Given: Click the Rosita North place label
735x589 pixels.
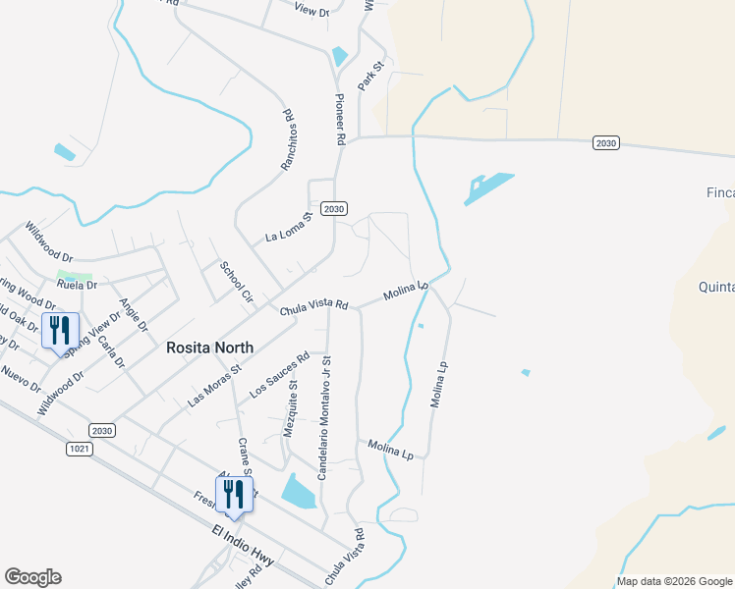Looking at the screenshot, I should tap(209, 348).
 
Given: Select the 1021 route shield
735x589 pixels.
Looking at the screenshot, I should tap(81, 449).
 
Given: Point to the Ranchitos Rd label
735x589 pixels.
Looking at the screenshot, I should tap(288, 140).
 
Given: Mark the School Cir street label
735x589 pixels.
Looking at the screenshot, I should tap(236, 282).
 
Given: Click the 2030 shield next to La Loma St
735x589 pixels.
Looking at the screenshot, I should tap(335, 209).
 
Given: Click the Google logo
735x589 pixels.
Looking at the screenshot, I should tap(32, 577).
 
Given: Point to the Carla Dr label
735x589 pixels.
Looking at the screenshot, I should tap(112, 352).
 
